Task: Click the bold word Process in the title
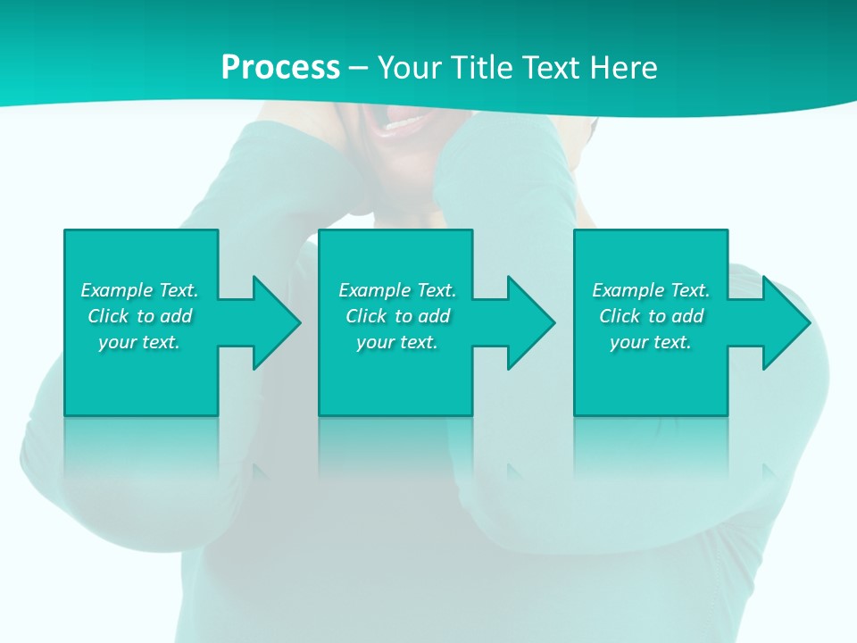click(x=280, y=68)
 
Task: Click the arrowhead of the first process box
click(x=273, y=322)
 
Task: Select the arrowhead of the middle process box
click(x=528, y=322)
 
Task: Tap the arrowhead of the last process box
click(x=783, y=322)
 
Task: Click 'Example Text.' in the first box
click(x=139, y=290)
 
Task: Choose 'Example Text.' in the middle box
click(x=397, y=290)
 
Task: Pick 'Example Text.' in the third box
click(x=651, y=290)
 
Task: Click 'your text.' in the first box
click(x=139, y=342)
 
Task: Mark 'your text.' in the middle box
click(x=397, y=342)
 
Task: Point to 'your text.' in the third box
click(x=651, y=342)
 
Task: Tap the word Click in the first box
click(x=108, y=316)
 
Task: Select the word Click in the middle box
click(x=366, y=316)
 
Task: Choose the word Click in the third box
click(x=620, y=316)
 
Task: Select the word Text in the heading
click(x=547, y=68)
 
